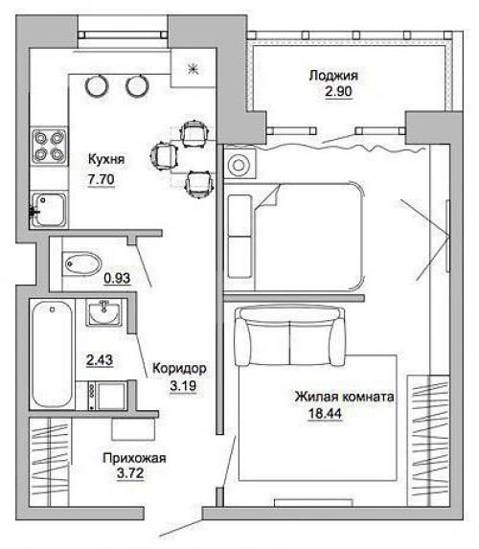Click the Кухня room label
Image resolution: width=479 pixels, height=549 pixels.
[x=106, y=160]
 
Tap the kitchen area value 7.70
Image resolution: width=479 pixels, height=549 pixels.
[x=101, y=179]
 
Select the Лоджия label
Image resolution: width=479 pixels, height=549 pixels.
[x=333, y=76]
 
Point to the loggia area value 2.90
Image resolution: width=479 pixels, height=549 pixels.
[x=338, y=92]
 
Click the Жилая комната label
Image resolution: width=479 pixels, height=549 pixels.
[x=344, y=397]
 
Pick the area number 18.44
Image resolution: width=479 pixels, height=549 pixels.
[x=325, y=414]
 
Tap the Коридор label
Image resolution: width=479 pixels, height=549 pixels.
[x=180, y=368]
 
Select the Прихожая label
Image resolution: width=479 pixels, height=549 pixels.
[x=134, y=458]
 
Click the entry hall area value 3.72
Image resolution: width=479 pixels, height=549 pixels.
[x=130, y=473]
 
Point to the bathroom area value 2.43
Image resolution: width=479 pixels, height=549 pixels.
[x=100, y=360]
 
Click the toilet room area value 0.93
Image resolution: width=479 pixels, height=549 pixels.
[x=117, y=279]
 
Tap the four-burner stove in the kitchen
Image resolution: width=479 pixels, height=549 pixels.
[x=49, y=147]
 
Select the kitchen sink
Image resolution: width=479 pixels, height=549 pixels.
[x=49, y=210]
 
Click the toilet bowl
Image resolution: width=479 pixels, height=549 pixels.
[x=81, y=263]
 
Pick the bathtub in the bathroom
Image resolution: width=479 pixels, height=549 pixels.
[x=52, y=355]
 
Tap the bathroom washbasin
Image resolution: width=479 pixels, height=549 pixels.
[x=104, y=312]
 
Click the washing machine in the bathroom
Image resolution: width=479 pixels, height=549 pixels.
[x=107, y=396]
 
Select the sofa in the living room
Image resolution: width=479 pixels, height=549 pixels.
[x=289, y=336]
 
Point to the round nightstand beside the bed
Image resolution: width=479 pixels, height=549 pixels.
[x=239, y=165]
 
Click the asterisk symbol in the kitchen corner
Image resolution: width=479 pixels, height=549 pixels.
[x=193, y=68]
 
